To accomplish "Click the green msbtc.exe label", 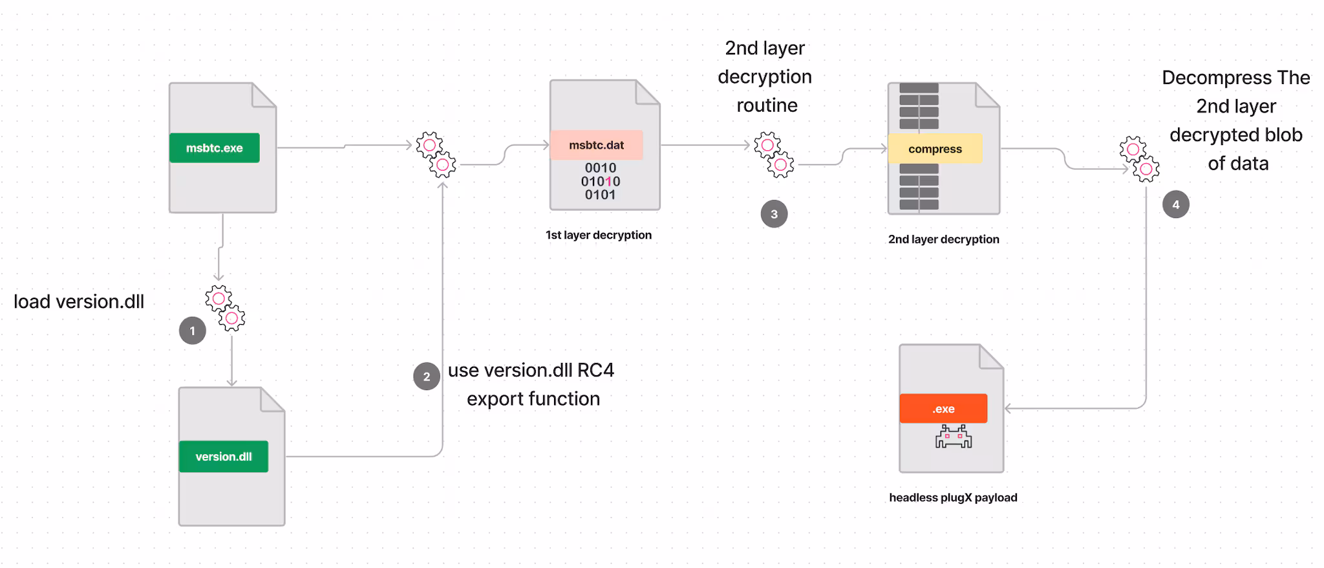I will click(x=214, y=148).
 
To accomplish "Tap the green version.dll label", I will click(x=224, y=457).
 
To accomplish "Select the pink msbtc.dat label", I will click(x=596, y=146).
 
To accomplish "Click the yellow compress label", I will click(x=935, y=149).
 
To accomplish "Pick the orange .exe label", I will click(x=943, y=409).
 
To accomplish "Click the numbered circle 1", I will click(x=192, y=331).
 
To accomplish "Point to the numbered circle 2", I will click(x=427, y=377).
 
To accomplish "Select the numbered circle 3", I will click(x=774, y=214).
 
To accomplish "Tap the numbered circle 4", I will click(x=1175, y=205).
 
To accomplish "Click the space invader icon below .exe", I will click(x=954, y=437).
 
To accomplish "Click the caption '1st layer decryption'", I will click(x=598, y=235).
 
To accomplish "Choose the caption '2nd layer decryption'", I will click(x=943, y=239).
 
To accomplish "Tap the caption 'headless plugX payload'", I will click(x=953, y=497).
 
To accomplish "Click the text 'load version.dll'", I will click(x=79, y=301).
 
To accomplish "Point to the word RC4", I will click(x=595, y=370).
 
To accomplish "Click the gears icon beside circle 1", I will click(x=225, y=308).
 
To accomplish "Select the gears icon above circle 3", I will click(x=774, y=155).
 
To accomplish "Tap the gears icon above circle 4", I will click(x=1139, y=159).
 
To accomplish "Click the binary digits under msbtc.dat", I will click(x=600, y=181).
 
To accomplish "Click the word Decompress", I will click(x=1208, y=78).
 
